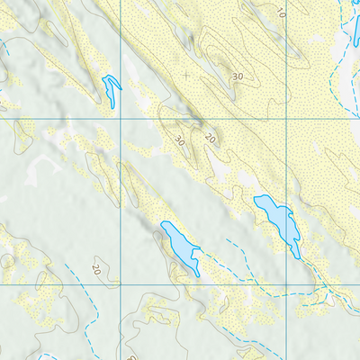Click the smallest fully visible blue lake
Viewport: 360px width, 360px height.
tap(112, 88)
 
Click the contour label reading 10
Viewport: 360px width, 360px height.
tap(281, 12)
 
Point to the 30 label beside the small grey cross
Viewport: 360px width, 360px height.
tap(238, 77)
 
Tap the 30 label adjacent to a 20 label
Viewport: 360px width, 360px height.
tap(179, 140)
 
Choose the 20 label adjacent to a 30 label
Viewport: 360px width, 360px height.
tap(209, 138)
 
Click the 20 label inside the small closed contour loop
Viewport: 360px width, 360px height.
tap(96, 267)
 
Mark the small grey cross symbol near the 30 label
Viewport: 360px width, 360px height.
tap(186, 75)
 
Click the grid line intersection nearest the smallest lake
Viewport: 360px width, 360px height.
tap(121, 118)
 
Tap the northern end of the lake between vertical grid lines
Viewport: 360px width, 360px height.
tap(164, 222)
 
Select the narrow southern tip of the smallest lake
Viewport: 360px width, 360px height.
tap(112, 108)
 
